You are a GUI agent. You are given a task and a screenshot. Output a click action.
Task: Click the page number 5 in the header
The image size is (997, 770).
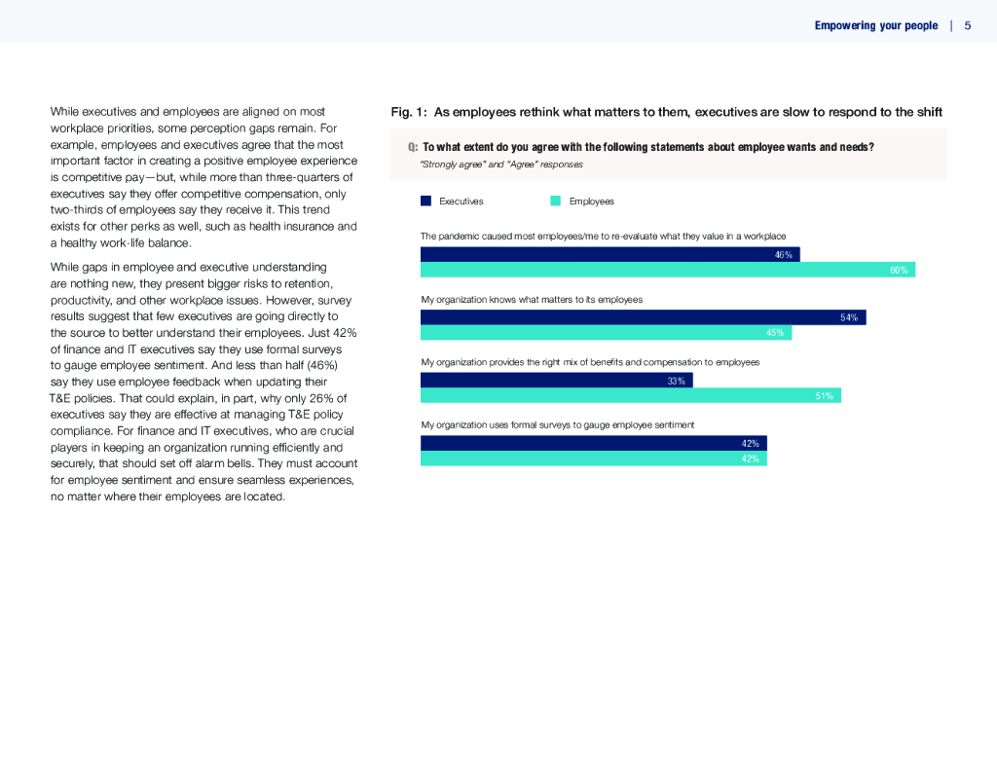point(968,25)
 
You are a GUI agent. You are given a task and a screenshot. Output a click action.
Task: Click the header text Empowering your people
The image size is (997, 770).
point(876,25)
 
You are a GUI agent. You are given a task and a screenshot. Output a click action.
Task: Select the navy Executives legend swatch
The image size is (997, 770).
point(425,202)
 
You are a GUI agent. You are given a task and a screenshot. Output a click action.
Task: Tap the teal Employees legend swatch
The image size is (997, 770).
point(555,202)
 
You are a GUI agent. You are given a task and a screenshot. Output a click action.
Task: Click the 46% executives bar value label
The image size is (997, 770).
point(784,255)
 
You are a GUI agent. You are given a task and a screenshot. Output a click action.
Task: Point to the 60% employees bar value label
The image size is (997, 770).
point(899,271)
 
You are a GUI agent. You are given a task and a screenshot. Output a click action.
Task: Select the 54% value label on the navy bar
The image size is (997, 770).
point(849,318)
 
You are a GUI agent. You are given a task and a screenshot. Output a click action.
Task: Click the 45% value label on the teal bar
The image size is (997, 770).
point(775,333)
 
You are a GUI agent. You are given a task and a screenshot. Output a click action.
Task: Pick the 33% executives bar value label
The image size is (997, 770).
point(676,381)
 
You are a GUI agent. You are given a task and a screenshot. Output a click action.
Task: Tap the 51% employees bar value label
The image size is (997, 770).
point(824,396)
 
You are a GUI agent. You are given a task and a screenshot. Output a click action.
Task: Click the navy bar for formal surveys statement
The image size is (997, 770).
point(584,443)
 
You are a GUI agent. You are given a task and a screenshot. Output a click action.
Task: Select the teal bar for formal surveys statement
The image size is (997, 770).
point(584,458)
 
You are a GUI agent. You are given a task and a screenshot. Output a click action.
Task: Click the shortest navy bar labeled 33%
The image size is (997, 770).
point(545,381)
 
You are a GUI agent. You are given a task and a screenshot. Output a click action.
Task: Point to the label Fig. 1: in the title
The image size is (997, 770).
point(409,112)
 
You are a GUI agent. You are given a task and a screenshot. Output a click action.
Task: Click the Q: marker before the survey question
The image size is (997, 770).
point(413,147)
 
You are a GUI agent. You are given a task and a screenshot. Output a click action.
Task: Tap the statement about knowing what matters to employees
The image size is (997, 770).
point(532,300)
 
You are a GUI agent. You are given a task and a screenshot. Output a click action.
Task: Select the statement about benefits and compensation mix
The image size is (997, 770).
point(590,362)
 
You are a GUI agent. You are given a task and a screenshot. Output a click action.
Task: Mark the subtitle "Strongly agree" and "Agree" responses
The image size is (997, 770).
point(501,165)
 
